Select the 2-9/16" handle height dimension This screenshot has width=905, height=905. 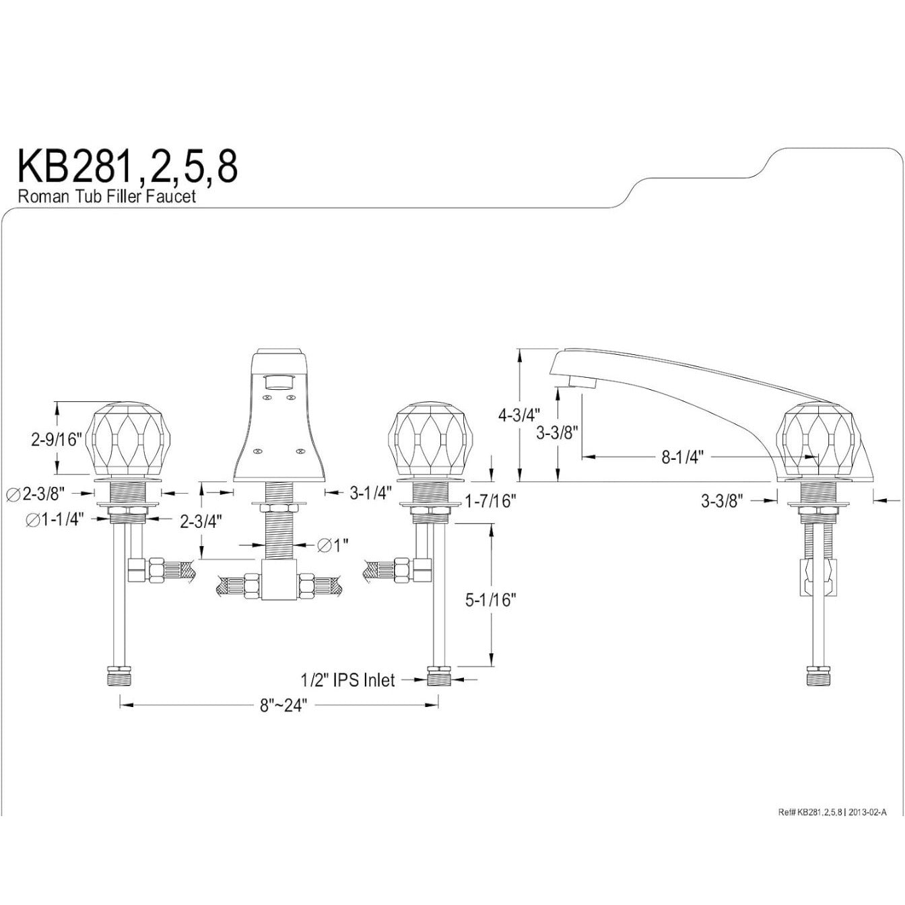click(x=57, y=440)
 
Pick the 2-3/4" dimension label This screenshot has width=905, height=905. click(x=201, y=521)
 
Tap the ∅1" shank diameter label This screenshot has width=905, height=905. click(x=333, y=545)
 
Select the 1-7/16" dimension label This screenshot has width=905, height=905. click(x=491, y=502)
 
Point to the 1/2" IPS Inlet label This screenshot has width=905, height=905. click(x=347, y=679)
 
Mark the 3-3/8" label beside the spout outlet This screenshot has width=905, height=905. click(x=557, y=432)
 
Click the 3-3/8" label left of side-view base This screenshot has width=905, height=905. click(x=723, y=502)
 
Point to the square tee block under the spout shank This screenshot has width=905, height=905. click(x=280, y=580)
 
